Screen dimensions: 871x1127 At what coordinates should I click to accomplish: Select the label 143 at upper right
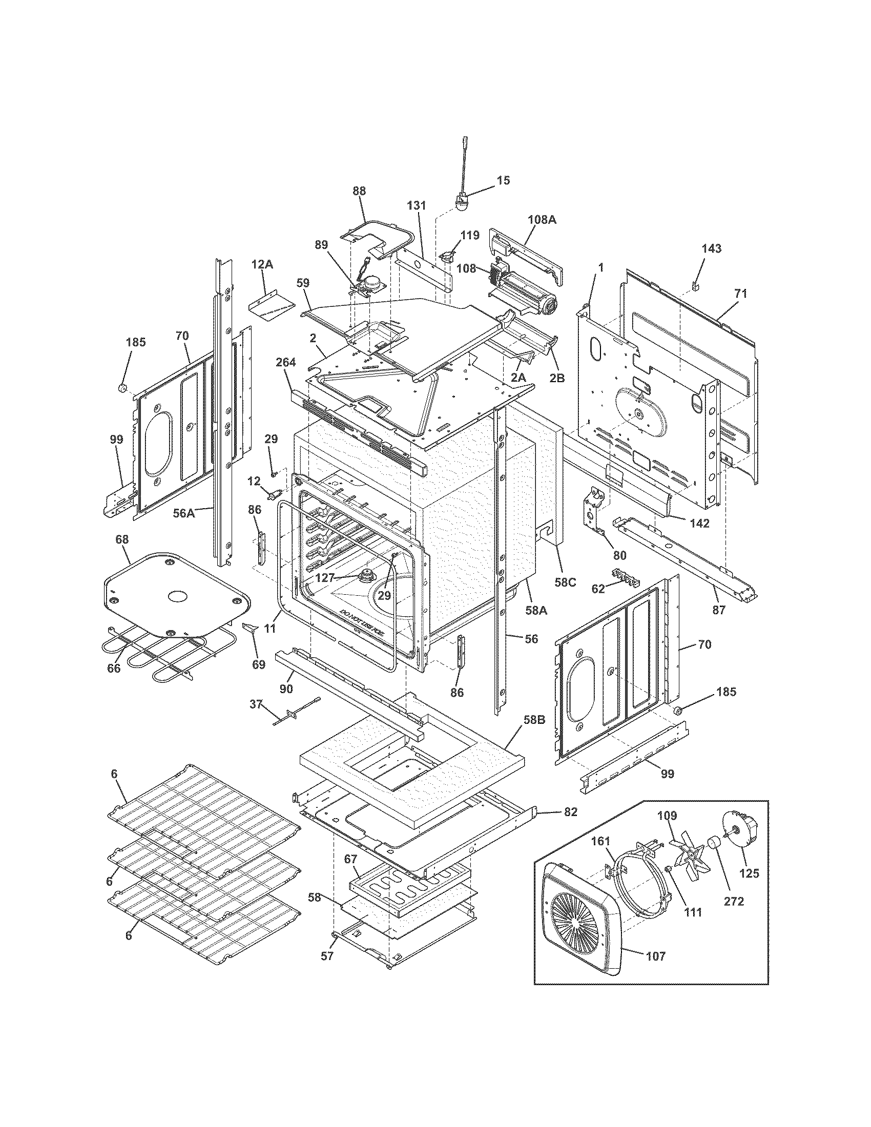tap(711, 248)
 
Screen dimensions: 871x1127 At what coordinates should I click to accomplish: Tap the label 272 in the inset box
tap(734, 902)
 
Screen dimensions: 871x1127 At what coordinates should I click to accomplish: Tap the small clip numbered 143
tap(695, 284)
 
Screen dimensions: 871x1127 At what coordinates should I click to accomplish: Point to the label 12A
tap(262, 264)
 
